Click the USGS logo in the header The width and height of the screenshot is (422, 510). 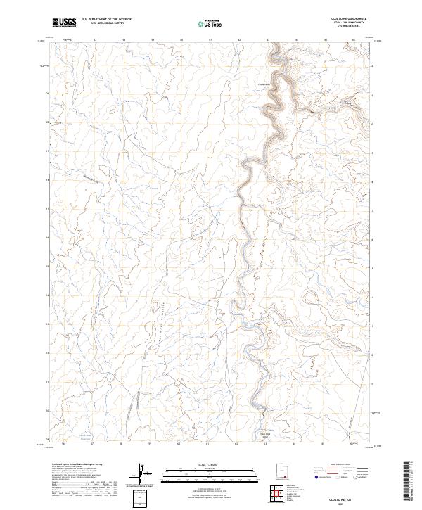tap(65, 23)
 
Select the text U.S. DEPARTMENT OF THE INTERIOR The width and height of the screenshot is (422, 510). tap(106, 20)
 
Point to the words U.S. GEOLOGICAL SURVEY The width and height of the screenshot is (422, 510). tap(106, 23)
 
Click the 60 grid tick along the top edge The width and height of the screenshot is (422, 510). tap(182, 40)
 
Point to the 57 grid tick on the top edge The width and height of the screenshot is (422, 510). tap(95, 40)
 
